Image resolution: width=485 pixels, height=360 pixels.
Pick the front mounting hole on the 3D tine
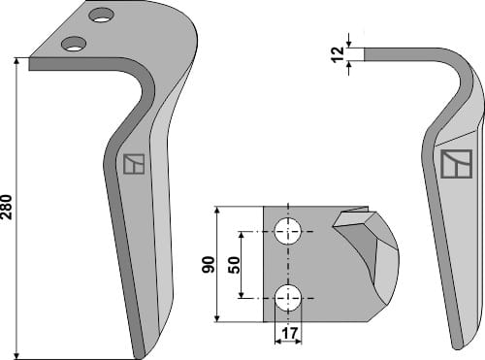(73, 44)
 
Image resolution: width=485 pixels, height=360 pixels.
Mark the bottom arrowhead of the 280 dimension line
(17, 353)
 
